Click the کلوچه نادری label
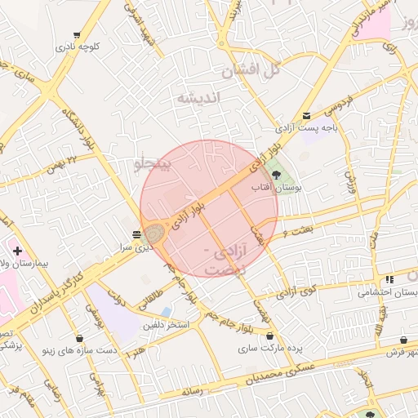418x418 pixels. coord(77,47)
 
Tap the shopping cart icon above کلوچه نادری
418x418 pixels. coord(77,35)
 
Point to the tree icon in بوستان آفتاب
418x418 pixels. coord(275,174)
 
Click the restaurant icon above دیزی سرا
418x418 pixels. coord(136,233)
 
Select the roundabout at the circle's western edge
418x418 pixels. coord(155,235)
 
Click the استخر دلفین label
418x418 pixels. coord(167,326)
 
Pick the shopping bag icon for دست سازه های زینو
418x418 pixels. coord(79,338)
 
